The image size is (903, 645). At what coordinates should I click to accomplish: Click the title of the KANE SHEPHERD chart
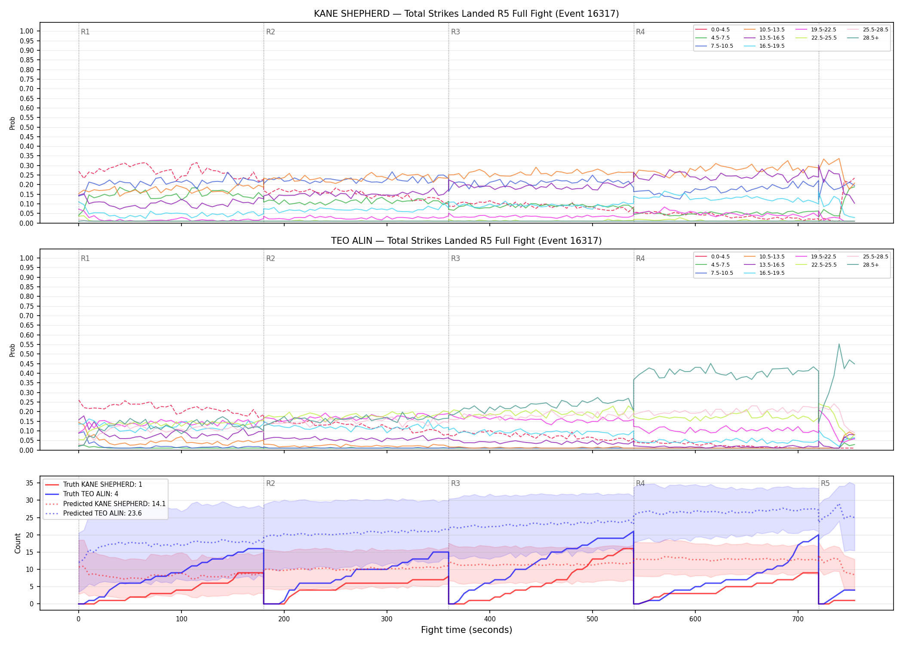466,14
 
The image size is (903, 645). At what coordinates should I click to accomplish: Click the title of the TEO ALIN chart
466,241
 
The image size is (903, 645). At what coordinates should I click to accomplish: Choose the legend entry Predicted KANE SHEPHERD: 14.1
105,504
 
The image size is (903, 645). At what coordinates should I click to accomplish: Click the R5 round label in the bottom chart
825,483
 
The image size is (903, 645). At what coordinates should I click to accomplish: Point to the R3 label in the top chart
455,32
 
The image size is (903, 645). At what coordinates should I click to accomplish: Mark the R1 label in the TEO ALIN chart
85,258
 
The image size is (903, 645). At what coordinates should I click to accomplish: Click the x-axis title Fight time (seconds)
467,630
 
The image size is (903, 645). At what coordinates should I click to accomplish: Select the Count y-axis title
18,543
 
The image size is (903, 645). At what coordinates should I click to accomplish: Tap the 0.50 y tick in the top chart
27,127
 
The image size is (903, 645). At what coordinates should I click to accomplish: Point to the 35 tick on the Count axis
29,483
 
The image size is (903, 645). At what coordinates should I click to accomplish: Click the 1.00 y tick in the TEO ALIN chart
27,258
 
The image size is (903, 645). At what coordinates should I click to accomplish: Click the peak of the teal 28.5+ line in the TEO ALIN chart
839,344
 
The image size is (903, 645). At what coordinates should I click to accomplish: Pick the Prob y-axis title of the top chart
12,123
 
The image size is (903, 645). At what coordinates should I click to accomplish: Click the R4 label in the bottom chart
640,483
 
